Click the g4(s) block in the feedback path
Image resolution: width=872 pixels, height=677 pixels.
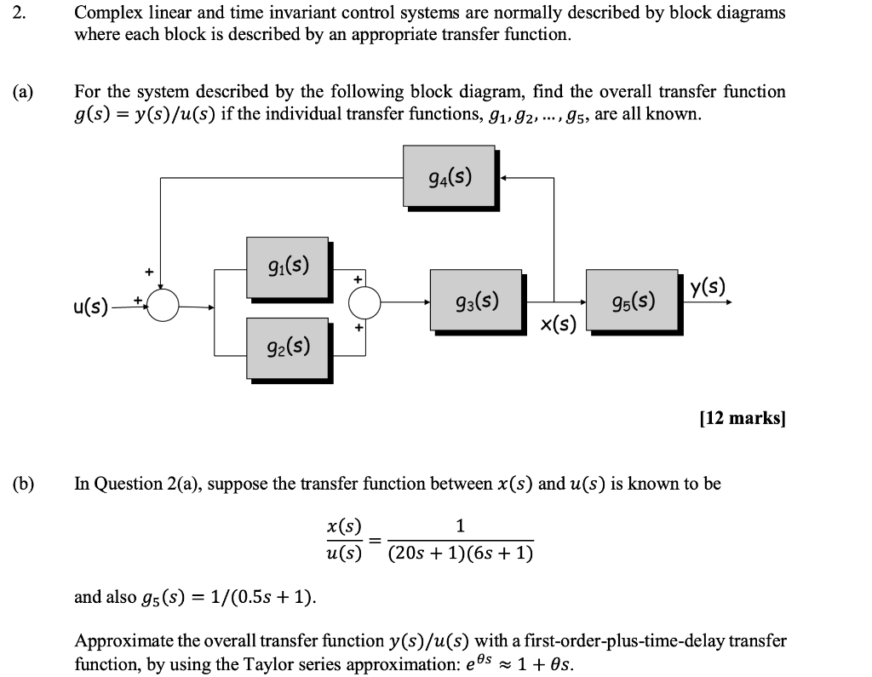[449, 177]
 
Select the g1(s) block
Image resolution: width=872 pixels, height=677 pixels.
[287, 267]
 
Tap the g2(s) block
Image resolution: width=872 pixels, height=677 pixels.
[287, 346]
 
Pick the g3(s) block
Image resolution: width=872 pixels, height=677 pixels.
[476, 301]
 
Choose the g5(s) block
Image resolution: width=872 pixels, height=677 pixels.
[633, 301]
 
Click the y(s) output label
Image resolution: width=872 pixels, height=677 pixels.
[708, 287]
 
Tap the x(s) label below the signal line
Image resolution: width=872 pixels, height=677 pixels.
[559, 324]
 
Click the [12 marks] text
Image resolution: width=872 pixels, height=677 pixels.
[743, 418]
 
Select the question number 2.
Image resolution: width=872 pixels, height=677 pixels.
[20, 13]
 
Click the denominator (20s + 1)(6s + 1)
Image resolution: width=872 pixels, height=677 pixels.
[460, 554]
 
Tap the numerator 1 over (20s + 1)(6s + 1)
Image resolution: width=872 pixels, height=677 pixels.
[460, 526]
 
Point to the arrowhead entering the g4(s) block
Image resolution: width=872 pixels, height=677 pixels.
[505, 178]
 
